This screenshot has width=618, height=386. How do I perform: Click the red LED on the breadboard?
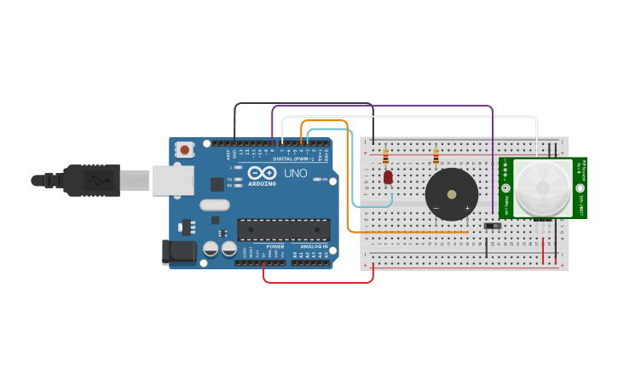pyautogui.click(x=388, y=177)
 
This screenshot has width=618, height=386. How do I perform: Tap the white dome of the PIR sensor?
pyautogui.click(x=543, y=187)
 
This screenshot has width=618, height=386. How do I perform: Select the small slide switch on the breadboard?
pyautogui.click(x=492, y=226)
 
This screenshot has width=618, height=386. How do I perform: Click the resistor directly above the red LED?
pyautogui.click(x=385, y=157)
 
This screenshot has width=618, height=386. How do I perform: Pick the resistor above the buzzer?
pyautogui.click(x=436, y=157)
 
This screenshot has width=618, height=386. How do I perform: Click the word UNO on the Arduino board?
pyautogui.click(x=295, y=173)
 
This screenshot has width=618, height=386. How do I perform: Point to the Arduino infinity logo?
pyautogui.click(x=261, y=173)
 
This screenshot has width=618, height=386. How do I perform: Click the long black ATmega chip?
pyautogui.click(x=284, y=229)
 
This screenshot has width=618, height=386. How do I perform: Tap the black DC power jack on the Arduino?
pyautogui.click(x=176, y=251)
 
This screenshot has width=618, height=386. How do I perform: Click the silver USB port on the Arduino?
pyautogui.click(x=173, y=181)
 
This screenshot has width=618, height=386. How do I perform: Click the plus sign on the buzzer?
pyautogui.click(x=467, y=208)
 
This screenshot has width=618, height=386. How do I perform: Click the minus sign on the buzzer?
pyautogui.click(x=436, y=208)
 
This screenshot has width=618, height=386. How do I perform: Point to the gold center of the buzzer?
pyautogui.click(x=451, y=194)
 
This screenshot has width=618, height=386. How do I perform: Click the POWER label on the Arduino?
pyautogui.click(x=275, y=246)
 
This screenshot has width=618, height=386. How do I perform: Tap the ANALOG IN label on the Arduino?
pyautogui.click(x=314, y=246)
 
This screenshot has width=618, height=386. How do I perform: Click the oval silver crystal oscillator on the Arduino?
pyautogui.click(x=216, y=205)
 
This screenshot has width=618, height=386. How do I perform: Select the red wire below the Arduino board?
pyautogui.click(x=317, y=282)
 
